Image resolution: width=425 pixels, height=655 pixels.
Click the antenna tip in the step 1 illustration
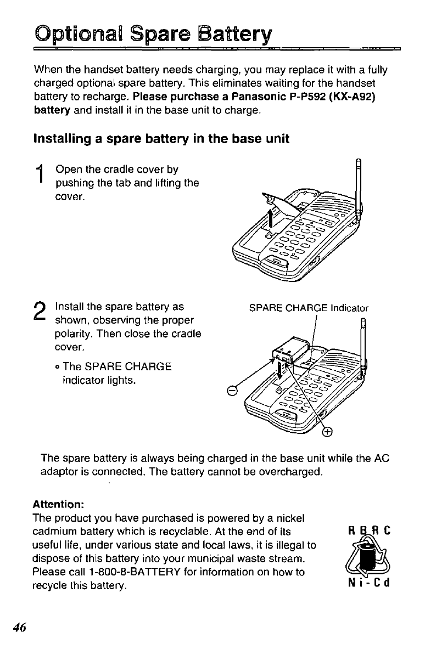click(x=359, y=163)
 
